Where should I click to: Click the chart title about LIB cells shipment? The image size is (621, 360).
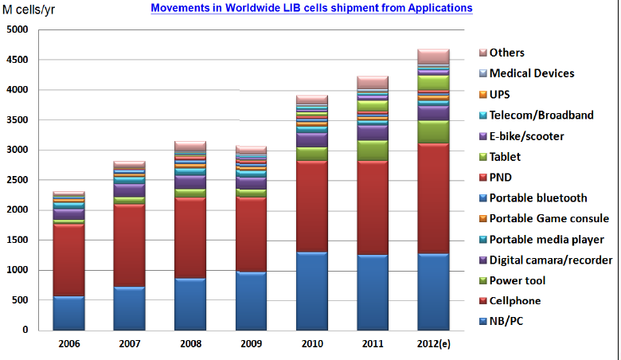click(311, 8)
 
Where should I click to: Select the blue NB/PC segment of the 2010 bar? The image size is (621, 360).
click(312, 291)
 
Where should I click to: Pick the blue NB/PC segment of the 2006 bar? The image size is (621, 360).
click(68, 313)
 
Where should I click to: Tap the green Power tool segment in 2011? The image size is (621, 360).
click(373, 151)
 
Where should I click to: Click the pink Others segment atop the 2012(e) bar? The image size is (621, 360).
click(433, 57)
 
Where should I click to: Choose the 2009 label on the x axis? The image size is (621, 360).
click(250, 344)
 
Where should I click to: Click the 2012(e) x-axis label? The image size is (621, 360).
click(433, 344)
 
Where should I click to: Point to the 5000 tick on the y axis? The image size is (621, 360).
click(17, 29)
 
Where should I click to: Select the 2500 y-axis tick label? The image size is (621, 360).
click(17, 180)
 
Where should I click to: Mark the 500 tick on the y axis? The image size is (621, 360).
click(20, 300)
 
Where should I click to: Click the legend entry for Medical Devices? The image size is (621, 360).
click(532, 73)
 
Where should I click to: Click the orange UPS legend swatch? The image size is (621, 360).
click(481, 95)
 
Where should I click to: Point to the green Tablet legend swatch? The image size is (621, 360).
click(481, 157)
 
